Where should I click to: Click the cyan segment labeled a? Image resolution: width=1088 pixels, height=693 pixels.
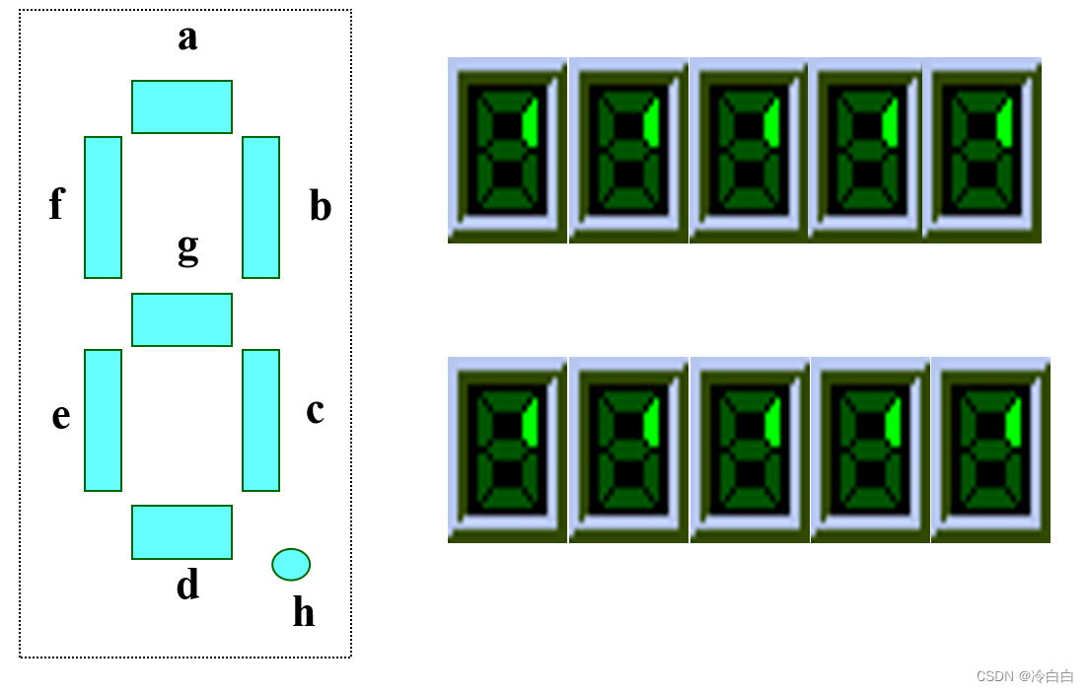[181, 106]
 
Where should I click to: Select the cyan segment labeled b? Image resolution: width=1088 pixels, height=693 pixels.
[260, 207]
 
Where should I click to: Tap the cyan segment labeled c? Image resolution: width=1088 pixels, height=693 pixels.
[260, 420]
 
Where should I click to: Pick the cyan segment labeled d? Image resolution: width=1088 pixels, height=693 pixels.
[181, 532]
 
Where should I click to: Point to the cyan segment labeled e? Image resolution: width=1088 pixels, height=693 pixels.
[103, 420]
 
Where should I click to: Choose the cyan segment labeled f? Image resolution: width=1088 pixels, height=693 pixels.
[103, 207]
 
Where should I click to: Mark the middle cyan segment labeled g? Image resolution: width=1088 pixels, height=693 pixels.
[181, 319]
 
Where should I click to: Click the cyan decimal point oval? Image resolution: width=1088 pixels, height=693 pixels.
[291, 564]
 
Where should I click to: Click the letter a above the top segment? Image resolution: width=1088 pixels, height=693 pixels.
[187, 38]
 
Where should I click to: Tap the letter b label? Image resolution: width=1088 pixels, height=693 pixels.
[320, 206]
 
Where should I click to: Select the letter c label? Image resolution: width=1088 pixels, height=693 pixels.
[315, 410]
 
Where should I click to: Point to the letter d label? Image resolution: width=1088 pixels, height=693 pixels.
[187, 586]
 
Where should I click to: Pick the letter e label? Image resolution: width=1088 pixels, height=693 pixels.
[61, 416]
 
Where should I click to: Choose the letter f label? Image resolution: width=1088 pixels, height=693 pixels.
[56, 204]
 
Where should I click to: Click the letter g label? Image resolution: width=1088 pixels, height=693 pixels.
[187, 247]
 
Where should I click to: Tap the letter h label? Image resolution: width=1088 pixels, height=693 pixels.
[304, 612]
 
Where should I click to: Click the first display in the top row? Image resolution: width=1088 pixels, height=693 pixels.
[507, 150]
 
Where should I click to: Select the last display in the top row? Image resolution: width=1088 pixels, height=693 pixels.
[982, 150]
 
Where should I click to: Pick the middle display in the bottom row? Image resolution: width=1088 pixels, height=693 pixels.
[750, 450]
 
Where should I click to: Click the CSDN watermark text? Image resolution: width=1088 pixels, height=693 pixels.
[1025, 676]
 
